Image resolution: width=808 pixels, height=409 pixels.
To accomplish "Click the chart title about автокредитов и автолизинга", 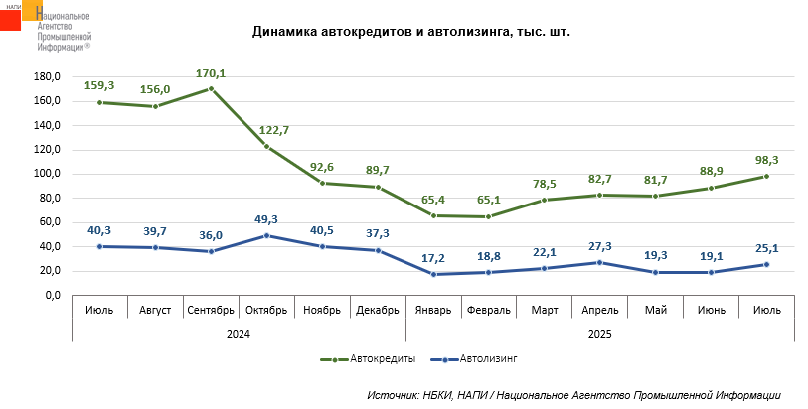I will [411, 32].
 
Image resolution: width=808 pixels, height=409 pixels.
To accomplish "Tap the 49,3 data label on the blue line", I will [266, 219].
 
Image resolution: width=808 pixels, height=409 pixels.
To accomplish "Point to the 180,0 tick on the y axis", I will [49, 76].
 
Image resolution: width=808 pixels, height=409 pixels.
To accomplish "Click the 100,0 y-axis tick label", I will [49, 174].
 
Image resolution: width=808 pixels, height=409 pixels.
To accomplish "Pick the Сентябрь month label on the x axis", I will [211, 310].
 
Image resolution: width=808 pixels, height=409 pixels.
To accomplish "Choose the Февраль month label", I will [488, 310].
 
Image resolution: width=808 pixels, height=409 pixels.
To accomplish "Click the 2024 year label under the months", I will [238, 334].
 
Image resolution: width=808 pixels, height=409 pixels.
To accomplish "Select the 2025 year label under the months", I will [599, 334].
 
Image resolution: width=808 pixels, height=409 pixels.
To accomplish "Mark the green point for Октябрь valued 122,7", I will [266, 147].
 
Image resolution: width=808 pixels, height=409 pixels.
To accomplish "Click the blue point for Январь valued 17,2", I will [433, 274].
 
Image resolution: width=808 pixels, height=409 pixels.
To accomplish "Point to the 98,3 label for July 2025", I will [766, 159].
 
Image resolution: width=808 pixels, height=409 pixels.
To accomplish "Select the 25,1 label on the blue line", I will [766, 247].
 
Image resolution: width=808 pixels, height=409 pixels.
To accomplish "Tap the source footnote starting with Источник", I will [573, 395].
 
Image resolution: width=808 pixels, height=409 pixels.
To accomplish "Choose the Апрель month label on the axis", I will [599, 310].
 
